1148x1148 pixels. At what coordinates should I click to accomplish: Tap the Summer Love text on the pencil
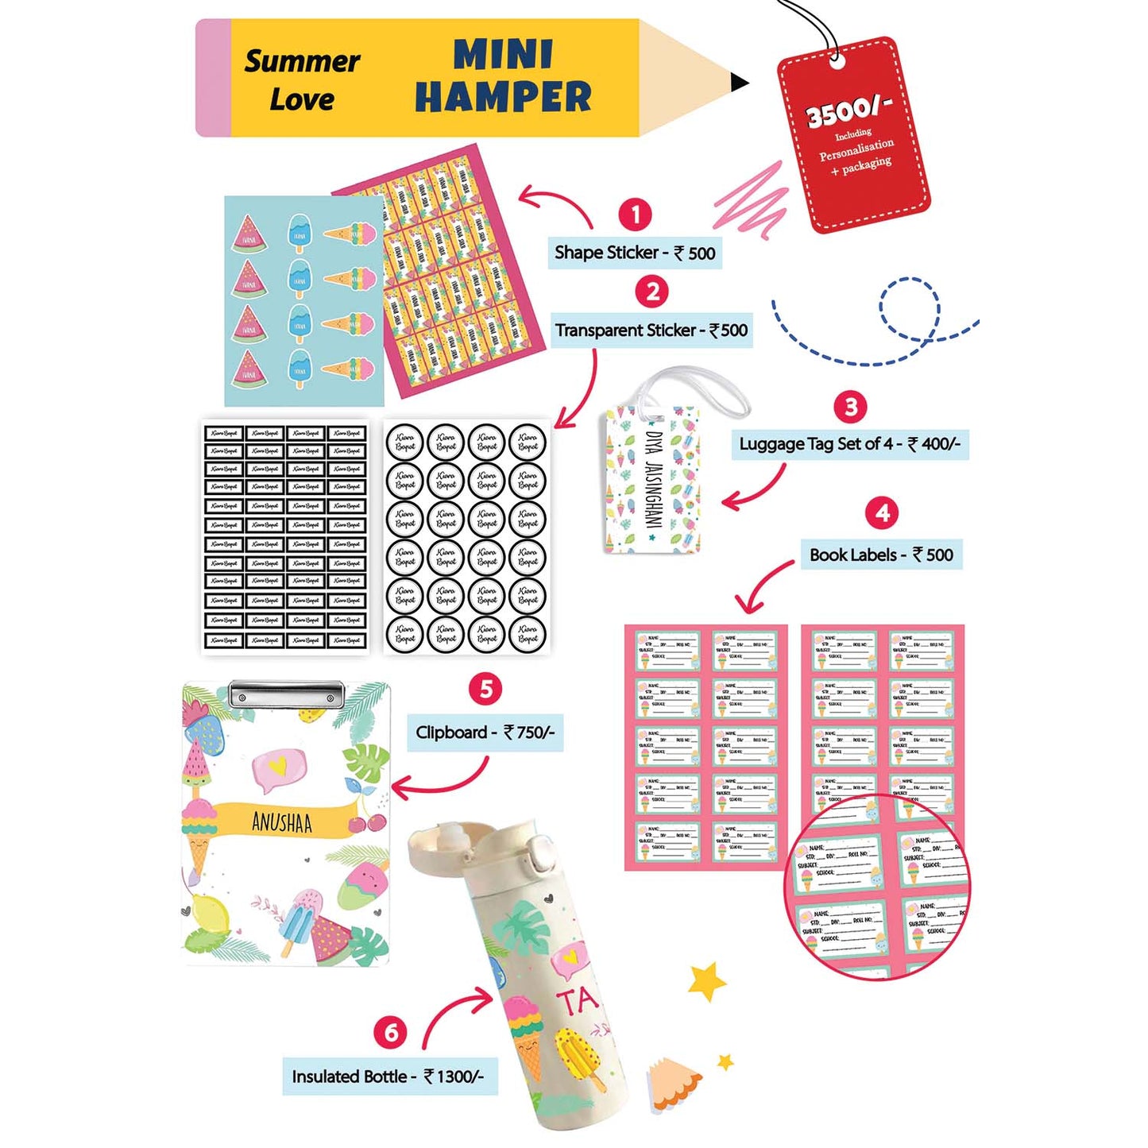302,79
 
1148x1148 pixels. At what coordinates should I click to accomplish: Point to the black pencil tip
739,81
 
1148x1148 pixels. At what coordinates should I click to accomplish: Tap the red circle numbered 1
635,214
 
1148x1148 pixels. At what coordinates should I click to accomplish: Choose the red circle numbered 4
883,513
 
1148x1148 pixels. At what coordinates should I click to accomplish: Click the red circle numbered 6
391,1032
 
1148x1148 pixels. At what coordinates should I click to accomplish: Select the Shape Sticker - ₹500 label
634,253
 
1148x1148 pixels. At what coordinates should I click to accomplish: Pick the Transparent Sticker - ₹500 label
651,330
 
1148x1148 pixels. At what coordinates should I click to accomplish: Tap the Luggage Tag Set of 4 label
849,443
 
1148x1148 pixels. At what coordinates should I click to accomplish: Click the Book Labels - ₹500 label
881,555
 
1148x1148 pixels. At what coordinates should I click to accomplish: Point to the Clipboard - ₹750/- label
485,732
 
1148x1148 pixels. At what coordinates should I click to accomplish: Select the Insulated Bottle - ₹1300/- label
388,1076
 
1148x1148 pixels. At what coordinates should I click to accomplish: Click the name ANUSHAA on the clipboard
282,821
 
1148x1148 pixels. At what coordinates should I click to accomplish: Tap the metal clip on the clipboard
286,694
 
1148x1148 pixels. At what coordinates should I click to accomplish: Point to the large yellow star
706,980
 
